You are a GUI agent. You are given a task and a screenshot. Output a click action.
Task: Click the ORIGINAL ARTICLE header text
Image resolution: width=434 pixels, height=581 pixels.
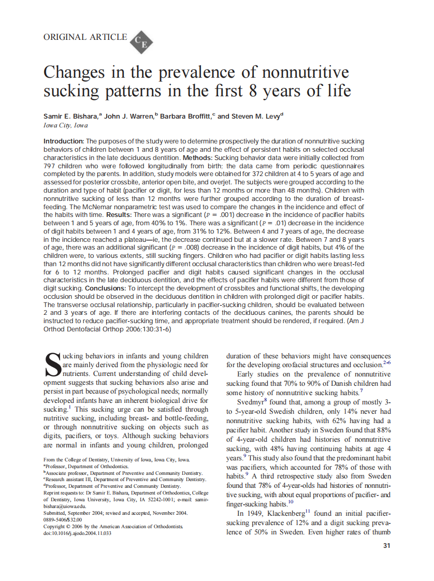[x=85, y=37]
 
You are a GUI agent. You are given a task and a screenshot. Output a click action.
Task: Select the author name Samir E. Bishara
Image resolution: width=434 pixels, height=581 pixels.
[x=71, y=117]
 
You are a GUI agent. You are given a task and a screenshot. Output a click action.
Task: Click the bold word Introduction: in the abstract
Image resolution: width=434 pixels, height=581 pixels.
[x=63, y=141]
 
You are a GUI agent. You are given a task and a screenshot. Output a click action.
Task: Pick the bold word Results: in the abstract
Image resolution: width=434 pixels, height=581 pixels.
[x=120, y=214]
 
